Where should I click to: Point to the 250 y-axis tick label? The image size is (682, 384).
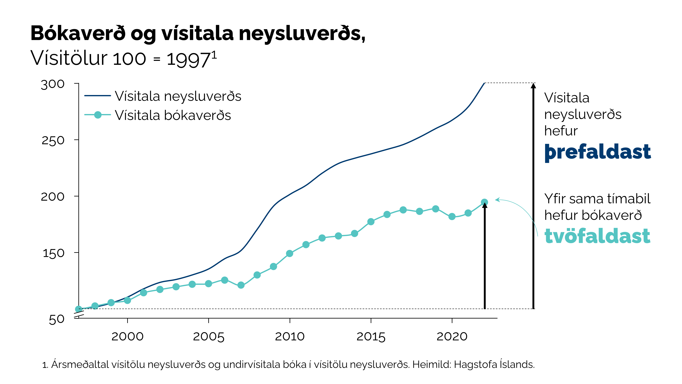(53, 140)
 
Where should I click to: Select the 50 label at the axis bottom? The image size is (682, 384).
(56, 319)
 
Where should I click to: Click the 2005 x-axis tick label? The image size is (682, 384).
(209, 336)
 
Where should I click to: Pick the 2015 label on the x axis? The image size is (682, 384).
(371, 336)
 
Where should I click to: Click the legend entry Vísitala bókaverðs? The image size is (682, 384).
(173, 115)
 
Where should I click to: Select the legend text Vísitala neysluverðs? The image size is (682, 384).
(178, 96)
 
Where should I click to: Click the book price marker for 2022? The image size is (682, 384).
(484, 202)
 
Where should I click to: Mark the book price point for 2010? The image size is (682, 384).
(290, 253)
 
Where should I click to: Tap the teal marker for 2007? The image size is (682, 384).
(241, 285)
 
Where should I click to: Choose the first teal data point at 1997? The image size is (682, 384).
(79, 309)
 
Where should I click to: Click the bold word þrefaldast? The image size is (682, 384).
(598, 152)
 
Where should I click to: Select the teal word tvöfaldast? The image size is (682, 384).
(597, 236)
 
